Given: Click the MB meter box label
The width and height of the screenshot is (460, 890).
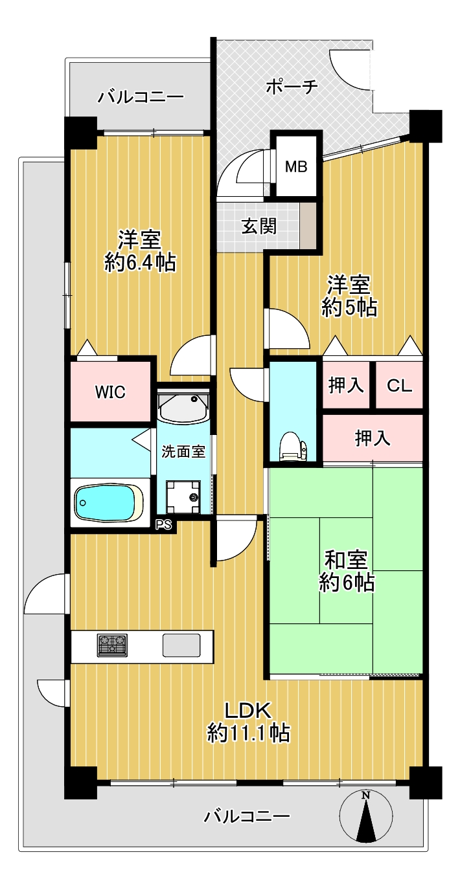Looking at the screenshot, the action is [x=296, y=166].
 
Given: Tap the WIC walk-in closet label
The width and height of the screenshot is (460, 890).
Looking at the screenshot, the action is [x=110, y=392].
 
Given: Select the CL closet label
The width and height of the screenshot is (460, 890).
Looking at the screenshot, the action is [x=398, y=385].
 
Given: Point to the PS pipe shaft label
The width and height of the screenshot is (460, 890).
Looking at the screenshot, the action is [x=163, y=525].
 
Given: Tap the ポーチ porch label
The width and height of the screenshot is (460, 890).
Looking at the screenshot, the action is [x=292, y=87].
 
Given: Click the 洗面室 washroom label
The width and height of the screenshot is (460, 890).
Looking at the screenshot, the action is [x=183, y=451].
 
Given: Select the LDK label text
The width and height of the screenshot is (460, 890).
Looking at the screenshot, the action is [x=248, y=710].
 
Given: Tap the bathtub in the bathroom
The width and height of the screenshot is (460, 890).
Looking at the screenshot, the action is [x=109, y=502].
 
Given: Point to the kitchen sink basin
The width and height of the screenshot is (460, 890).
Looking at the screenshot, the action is [x=181, y=645].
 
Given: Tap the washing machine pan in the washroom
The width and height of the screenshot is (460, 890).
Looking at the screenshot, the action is [x=183, y=497].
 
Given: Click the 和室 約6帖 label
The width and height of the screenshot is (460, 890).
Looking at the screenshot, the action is [x=347, y=572].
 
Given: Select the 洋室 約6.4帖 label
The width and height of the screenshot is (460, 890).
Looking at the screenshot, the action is [x=140, y=250].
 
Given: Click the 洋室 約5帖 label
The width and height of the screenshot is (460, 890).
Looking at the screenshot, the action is [x=349, y=296].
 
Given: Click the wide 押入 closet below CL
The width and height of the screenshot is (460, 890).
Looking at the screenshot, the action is [x=372, y=438].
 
